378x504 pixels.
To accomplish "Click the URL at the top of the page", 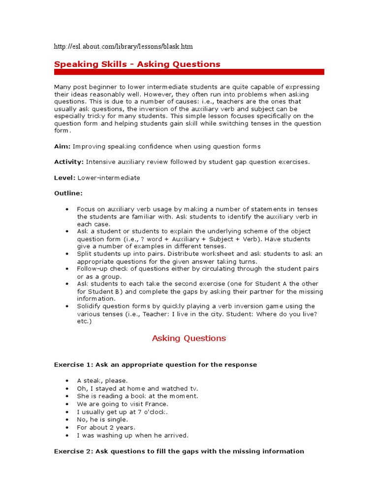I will pos(123,47).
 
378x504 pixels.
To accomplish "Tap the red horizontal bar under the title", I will pos(189,72).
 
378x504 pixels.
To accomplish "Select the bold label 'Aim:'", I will pos(63,146).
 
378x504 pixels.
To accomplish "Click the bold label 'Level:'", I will pos(64,177).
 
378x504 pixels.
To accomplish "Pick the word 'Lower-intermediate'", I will pos(109,177).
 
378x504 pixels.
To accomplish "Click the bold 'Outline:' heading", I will pos(68,193).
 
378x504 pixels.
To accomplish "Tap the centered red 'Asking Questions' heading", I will pos(189,338).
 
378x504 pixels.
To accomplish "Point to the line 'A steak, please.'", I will pos(102,380).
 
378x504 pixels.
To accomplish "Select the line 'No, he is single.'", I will pos(102,420).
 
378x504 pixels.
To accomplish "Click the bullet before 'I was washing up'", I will pos(67,436).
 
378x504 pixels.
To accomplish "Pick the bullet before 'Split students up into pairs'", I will pos(67,253).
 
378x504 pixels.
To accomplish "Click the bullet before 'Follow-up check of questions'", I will pos(67,269).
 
